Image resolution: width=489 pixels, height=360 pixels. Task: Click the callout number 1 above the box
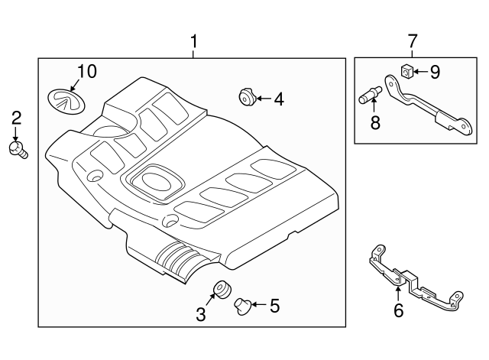point(193,42)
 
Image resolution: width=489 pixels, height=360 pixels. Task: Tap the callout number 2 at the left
point(15,118)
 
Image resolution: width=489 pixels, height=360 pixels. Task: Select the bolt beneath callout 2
point(17,150)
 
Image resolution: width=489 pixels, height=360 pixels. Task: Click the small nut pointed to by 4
point(246,97)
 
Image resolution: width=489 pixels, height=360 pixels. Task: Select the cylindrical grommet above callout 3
point(222,290)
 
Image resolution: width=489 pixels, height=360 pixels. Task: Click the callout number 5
point(274,306)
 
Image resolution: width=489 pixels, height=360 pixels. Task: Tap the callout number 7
point(413,41)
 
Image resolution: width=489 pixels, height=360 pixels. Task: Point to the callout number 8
point(375,122)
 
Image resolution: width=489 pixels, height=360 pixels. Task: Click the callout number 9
point(434,72)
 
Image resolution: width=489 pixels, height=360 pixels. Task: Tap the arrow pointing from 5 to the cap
point(259,306)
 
